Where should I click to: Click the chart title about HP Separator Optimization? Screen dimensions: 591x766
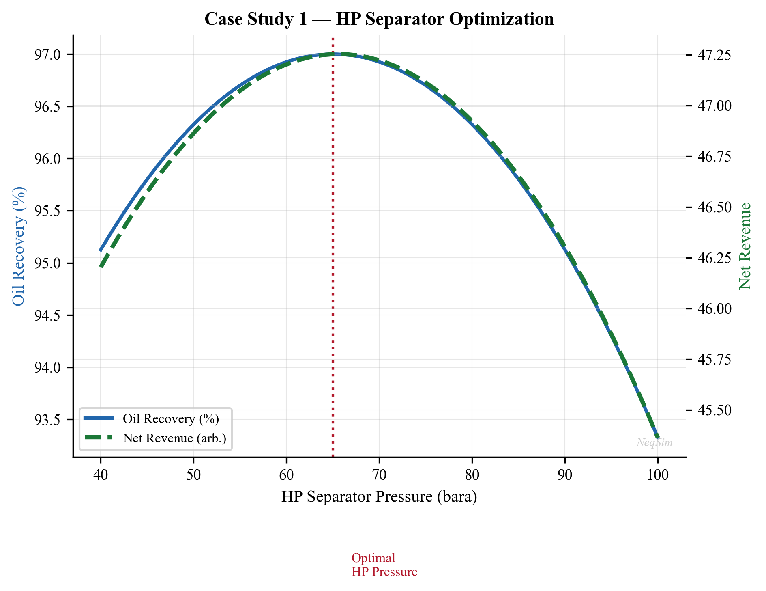(x=379, y=19)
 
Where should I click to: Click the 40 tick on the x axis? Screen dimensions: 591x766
(x=101, y=475)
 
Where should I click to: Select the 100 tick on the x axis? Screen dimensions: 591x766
(x=658, y=475)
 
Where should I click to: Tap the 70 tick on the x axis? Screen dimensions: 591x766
(x=379, y=475)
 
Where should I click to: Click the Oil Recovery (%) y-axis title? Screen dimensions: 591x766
(x=19, y=246)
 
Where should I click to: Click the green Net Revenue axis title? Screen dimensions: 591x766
(x=745, y=246)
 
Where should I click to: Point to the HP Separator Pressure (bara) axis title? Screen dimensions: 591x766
(x=379, y=497)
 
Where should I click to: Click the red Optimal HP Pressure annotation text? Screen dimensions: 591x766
(x=384, y=565)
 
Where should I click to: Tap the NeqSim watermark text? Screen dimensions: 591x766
(x=654, y=443)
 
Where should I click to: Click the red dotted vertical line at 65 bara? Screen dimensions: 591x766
(x=333, y=244)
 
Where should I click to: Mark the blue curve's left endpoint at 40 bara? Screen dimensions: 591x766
(x=101, y=251)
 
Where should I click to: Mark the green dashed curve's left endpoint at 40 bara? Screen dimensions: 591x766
(x=101, y=266)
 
